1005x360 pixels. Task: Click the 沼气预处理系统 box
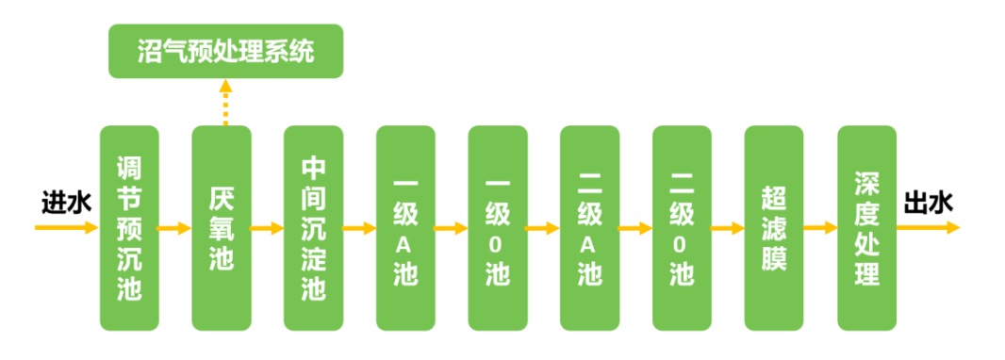tap(224, 51)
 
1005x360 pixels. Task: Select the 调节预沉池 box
tap(129, 228)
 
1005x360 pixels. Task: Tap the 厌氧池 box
tap(222, 228)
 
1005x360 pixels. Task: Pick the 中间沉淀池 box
tap(314, 228)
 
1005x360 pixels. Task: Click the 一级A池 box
tap(405, 228)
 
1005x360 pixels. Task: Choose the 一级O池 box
tap(498, 228)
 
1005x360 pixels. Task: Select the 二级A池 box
tap(590, 228)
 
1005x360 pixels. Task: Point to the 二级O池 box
tap(682, 228)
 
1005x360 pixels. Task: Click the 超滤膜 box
tap(774, 228)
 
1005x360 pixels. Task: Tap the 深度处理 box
tap(866, 228)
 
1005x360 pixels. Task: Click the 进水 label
tap(65, 203)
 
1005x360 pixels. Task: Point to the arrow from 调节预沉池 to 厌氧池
tap(174, 228)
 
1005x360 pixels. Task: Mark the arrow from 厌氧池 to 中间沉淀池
tap(267, 228)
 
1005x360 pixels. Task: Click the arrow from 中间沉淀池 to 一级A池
tap(359, 228)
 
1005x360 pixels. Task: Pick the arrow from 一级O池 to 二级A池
tap(543, 228)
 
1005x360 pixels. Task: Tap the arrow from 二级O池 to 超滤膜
tap(728, 228)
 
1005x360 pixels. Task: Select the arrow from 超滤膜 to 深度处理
tap(820, 228)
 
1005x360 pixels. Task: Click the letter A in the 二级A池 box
tap(590, 244)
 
